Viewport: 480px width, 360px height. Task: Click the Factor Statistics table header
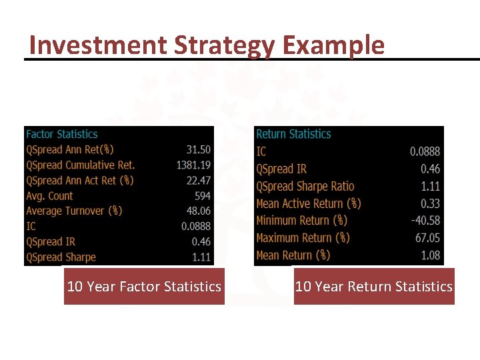62,134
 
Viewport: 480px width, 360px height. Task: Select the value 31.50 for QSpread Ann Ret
199,150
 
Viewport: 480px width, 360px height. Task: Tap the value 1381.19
193,165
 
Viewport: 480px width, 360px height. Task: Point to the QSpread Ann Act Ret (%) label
80,181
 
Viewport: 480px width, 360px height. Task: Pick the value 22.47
199,181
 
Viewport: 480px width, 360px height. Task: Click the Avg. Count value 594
202,196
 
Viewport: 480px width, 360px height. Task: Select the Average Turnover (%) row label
74,211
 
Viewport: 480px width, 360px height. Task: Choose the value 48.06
199,211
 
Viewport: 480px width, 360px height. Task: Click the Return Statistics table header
293,134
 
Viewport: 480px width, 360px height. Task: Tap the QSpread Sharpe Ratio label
305,186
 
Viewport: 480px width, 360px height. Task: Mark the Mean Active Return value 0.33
430,203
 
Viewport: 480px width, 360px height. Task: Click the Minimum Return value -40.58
425,220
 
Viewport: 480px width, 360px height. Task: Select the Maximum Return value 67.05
427,237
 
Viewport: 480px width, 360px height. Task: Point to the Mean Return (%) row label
293,255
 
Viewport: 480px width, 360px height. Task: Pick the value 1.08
430,255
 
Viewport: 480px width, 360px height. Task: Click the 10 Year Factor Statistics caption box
144,287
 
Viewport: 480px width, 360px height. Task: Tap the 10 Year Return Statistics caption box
374,287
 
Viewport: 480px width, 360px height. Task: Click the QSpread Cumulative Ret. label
81,165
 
